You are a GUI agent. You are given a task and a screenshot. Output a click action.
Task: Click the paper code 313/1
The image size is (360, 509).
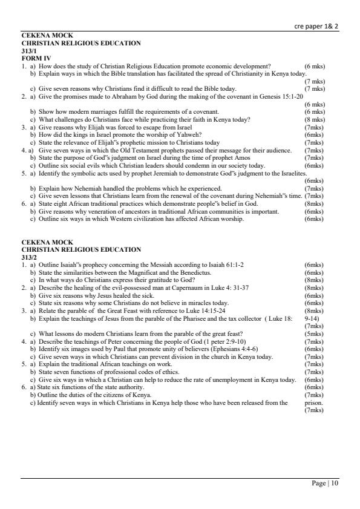[30, 51]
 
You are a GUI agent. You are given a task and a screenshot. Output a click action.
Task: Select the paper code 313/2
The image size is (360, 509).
[30, 257]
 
